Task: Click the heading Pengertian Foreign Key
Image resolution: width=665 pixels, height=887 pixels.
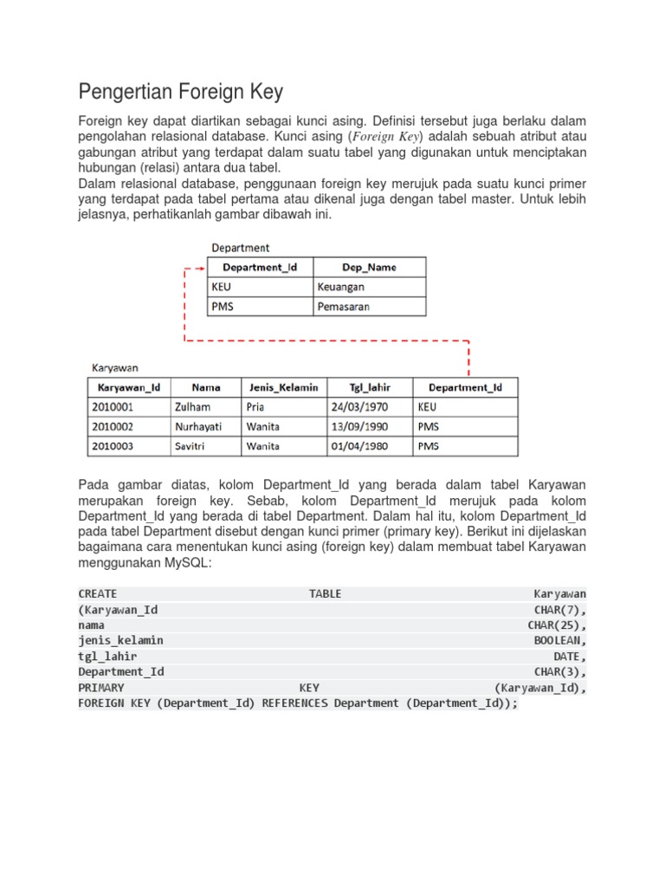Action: tap(180, 91)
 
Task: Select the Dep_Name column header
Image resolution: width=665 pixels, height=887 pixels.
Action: tap(369, 267)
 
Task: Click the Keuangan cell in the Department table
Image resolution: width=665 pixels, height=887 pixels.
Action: tap(340, 286)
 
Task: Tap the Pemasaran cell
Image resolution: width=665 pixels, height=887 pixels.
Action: tap(344, 306)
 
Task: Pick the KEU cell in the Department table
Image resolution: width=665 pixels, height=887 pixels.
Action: tap(222, 286)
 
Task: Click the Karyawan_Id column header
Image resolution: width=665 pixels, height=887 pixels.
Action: tap(129, 387)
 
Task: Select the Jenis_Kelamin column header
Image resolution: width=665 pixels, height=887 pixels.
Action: tap(284, 387)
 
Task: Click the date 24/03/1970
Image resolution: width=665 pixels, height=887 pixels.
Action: tap(359, 406)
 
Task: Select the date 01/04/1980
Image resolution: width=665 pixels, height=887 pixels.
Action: tap(359, 446)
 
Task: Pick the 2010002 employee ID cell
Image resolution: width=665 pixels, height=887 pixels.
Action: tap(112, 426)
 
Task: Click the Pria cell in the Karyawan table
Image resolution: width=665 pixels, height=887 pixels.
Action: tap(255, 406)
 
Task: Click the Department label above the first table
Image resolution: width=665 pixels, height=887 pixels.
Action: tap(241, 248)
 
